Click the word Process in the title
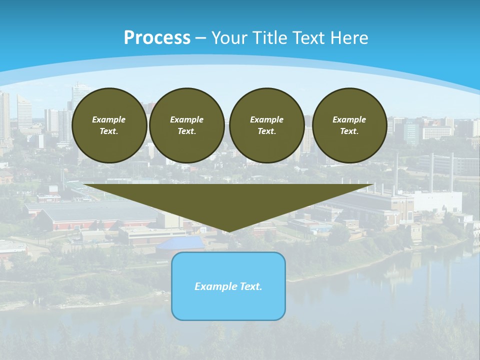[x=157, y=37]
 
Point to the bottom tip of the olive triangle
[x=228, y=231]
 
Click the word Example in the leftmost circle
[x=109, y=119]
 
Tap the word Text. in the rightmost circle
[x=349, y=131]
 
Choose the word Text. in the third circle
[x=266, y=131]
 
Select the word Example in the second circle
[x=186, y=119]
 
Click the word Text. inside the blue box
[x=250, y=286]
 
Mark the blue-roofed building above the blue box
[x=180, y=243]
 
